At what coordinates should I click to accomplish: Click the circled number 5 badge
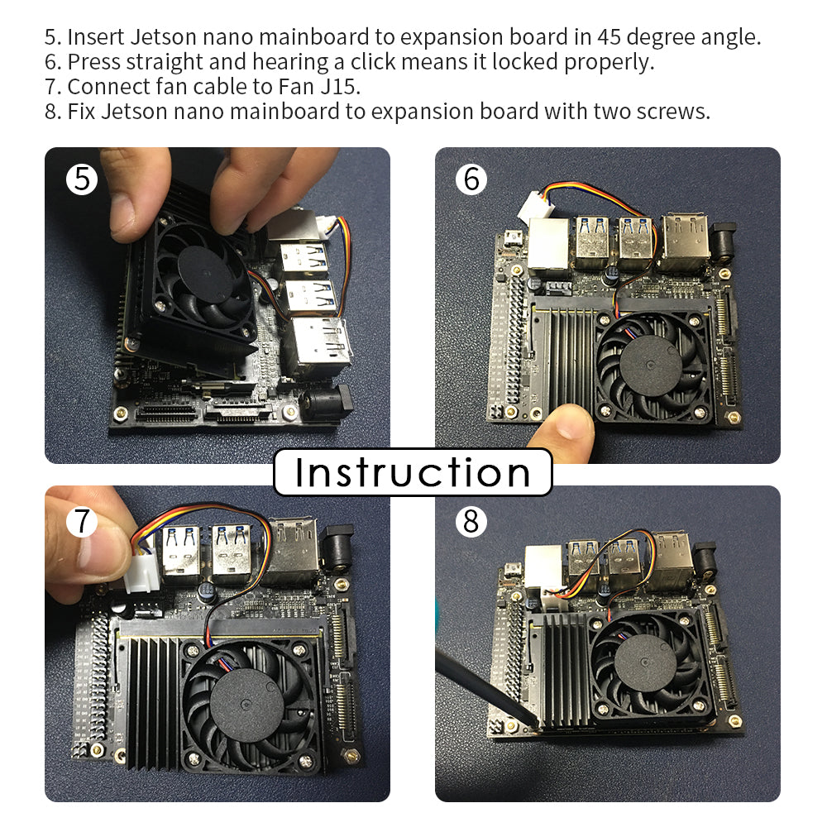82,179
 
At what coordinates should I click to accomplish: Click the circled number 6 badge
471,179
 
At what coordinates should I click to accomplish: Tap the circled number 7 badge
82,521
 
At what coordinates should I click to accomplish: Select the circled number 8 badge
471,521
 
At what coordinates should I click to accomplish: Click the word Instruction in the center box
413,472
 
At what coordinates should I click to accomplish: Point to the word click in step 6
366,62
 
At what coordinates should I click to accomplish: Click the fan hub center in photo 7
246,703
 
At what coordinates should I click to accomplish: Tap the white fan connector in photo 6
533,206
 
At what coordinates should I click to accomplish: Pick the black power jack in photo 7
337,548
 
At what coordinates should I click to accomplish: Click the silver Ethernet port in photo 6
548,246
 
